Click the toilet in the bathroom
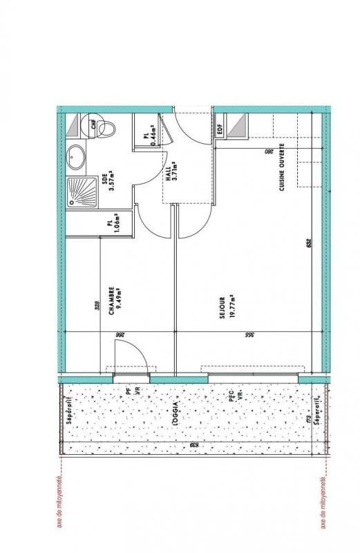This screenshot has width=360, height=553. click(x=103, y=127)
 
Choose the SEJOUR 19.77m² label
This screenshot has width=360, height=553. click(x=225, y=307)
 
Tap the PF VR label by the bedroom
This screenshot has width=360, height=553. click(x=133, y=391)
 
